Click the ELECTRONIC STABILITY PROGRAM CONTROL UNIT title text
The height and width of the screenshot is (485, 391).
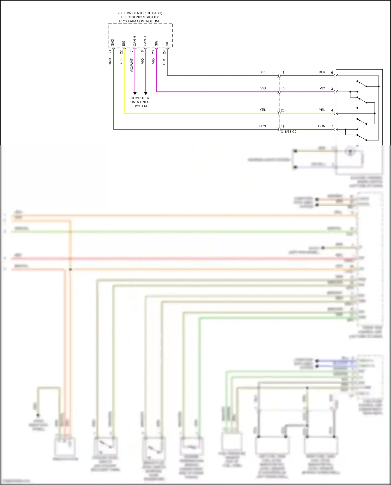point(140,17)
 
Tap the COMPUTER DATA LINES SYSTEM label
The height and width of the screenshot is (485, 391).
point(140,102)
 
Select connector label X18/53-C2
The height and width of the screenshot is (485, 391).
point(289,132)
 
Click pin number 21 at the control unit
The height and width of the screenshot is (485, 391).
point(110,52)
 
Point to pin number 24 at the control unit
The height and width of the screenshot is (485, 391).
point(164,52)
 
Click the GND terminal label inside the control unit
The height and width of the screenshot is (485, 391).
point(113,43)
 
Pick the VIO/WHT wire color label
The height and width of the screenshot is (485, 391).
point(132,65)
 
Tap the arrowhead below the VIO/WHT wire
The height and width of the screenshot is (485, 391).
point(135,93)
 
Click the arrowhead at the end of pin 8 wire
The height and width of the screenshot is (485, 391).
point(146,93)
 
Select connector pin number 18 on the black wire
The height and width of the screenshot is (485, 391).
point(283,73)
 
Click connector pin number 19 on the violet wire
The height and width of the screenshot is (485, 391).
point(283,89)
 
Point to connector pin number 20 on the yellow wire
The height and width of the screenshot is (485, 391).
point(283,110)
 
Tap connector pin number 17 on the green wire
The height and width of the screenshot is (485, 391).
point(283,127)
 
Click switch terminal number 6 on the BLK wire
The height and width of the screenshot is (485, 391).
point(332,73)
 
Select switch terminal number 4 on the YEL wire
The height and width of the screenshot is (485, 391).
point(332,110)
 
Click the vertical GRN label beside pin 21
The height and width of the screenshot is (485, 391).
point(110,62)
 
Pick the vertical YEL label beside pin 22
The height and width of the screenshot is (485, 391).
point(121,62)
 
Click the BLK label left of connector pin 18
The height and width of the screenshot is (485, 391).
point(262,72)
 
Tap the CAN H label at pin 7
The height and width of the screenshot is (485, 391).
point(135,41)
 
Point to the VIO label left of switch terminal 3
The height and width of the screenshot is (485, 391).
point(322,88)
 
